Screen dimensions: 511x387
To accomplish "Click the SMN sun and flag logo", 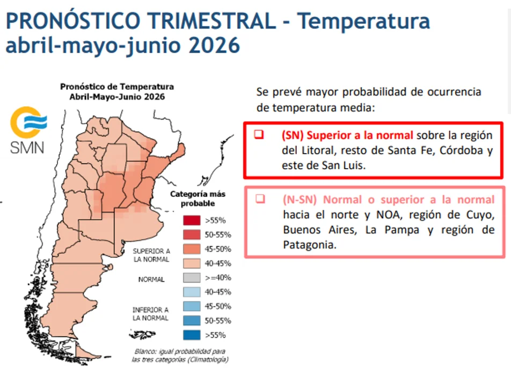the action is (x=28, y=123).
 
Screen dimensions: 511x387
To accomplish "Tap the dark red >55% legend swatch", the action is (x=192, y=220).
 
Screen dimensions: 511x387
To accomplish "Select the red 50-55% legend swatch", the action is (x=192, y=234).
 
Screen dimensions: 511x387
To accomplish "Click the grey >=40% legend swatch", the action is (x=192, y=278).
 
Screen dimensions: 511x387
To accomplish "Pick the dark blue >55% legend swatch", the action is (x=192, y=335).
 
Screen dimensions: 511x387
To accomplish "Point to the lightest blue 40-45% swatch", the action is (x=192, y=292).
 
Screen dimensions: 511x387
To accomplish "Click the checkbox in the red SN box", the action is (x=259, y=134).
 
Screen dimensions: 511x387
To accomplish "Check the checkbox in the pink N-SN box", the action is (x=260, y=199).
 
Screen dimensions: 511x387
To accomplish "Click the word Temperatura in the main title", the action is (x=363, y=21).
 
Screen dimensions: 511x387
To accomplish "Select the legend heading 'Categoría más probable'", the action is (x=198, y=199).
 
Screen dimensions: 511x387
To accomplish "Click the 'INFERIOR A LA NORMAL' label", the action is (x=150, y=314).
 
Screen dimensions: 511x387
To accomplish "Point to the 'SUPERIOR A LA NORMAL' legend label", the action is (x=151, y=255).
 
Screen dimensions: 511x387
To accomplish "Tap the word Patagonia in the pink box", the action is (x=310, y=245).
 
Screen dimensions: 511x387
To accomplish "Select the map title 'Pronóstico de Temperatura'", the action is (x=117, y=87).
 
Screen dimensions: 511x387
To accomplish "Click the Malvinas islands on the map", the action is (x=142, y=334).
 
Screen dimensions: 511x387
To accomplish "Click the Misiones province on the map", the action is (x=179, y=152).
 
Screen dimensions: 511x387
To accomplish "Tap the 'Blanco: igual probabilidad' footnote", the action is (x=180, y=355).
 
